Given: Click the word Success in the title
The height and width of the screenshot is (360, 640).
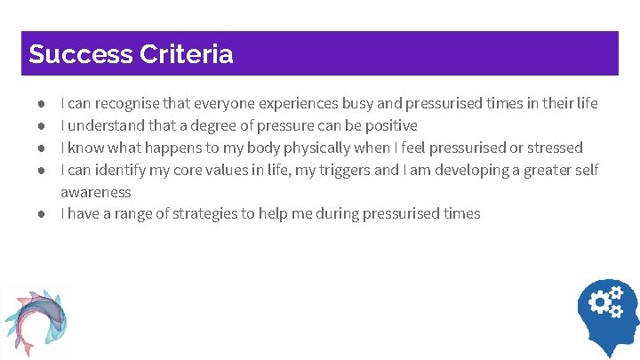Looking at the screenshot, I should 81,54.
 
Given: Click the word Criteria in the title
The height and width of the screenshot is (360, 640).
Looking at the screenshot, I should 187,54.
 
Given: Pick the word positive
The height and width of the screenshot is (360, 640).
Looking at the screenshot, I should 388,125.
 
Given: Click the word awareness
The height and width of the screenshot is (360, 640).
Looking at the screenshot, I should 95,192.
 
